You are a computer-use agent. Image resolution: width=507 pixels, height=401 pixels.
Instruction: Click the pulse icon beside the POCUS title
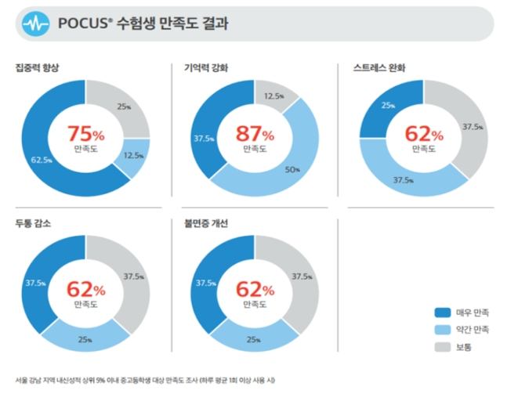pos(34,24)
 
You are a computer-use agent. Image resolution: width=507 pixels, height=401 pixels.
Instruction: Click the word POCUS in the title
pos(81,24)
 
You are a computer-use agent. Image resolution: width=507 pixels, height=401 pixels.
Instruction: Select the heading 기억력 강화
pos(201,67)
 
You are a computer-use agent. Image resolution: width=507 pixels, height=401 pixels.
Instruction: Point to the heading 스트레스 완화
pos(381,67)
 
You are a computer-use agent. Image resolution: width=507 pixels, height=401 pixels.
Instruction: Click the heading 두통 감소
pos(33,224)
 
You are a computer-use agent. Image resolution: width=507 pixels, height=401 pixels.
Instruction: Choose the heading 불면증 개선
pos(201,224)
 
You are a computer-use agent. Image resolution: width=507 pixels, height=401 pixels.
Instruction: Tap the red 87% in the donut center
pos(255,133)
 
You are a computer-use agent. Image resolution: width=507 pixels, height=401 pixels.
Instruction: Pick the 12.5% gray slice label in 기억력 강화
pos(274,96)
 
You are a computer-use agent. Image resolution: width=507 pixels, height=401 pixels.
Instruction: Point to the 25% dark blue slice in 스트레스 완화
pos(388,104)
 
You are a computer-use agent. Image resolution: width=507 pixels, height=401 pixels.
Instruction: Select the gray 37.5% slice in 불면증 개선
pos(300,276)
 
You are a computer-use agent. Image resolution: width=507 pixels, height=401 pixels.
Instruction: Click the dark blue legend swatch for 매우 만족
pos(442,312)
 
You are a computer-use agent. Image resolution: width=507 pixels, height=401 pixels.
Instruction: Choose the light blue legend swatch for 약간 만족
pos(442,329)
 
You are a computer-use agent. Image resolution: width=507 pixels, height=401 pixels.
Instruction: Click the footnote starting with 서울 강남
pos(145,381)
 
